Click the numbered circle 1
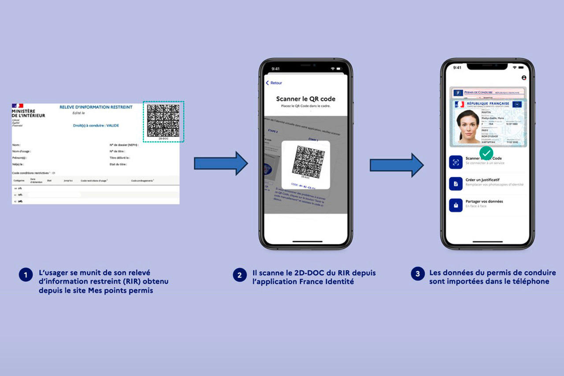(26, 275)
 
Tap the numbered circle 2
(239, 275)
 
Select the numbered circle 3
(418, 274)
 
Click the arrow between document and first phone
(221, 163)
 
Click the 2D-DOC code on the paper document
(163, 120)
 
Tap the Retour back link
(274, 83)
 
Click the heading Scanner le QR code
(305, 99)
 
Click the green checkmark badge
(486, 153)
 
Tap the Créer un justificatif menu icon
(456, 183)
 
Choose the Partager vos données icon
(456, 205)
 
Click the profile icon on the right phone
(524, 78)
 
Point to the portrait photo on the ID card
(468, 126)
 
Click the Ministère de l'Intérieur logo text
(28, 113)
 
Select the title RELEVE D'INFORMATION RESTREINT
(96, 107)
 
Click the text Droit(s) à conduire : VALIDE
(96, 126)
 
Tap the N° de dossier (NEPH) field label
(124, 145)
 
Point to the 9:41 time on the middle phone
(276, 69)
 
